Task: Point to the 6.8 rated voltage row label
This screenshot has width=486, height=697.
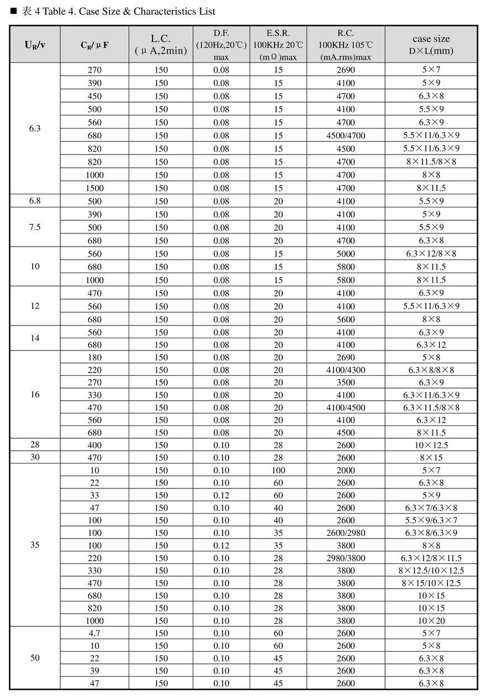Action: point(35,201)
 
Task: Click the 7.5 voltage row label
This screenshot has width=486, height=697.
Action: point(35,227)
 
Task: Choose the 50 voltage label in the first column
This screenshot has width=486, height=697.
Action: point(35,658)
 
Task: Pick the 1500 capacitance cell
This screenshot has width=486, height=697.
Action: point(95,188)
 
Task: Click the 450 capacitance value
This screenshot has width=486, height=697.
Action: point(95,96)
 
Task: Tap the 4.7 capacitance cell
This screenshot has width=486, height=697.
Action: point(95,633)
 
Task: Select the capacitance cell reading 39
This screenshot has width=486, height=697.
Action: point(95,671)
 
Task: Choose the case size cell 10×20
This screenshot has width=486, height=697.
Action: point(431,620)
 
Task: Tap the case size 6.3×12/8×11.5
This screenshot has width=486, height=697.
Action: point(431,558)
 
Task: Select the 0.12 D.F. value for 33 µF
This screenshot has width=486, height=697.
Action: point(221,495)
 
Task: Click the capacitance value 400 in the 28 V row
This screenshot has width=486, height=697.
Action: point(95,445)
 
